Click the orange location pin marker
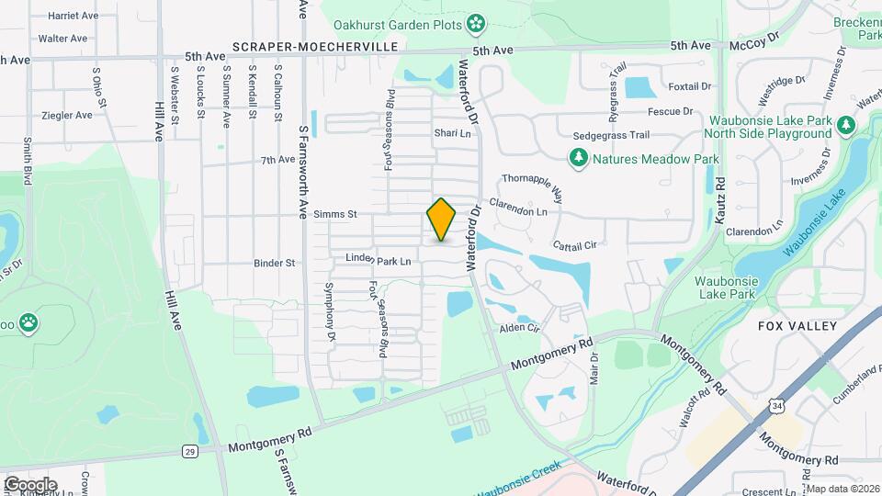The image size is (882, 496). (x=441, y=220)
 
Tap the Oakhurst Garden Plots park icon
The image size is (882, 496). (x=476, y=22)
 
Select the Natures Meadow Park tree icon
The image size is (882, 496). (x=578, y=159)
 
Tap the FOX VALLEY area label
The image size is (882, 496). (x=797, y=326)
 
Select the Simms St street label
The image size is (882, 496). (x=334, y=214)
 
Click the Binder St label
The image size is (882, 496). (x=276, y=263)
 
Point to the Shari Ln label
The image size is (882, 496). (x=452, y=133)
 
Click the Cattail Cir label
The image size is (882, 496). (x=576, y=245)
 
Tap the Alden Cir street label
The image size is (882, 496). (x=518, y=328)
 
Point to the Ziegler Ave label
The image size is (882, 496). (x=67, y=116)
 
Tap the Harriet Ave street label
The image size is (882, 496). (x=73, y=16)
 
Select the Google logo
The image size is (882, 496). (x=30, y=484)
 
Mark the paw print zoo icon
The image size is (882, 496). (x=29, y=322)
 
